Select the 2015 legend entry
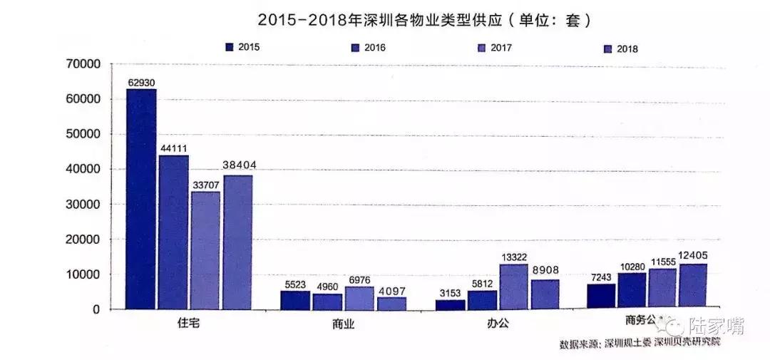pos(249,48)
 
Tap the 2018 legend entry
pos(620,49)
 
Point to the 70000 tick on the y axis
pos(85,65)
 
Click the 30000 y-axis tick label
pos(85,205)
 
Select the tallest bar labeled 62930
pos(141,200)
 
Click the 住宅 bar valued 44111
pos(173,232)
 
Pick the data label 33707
pos(205,184)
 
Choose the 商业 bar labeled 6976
pos(359,298)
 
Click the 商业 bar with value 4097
pos(391,303)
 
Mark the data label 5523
pos(294,283)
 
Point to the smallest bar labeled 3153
pos(450,304)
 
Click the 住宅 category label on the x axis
pos(188,324)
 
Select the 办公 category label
pos(498,324)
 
